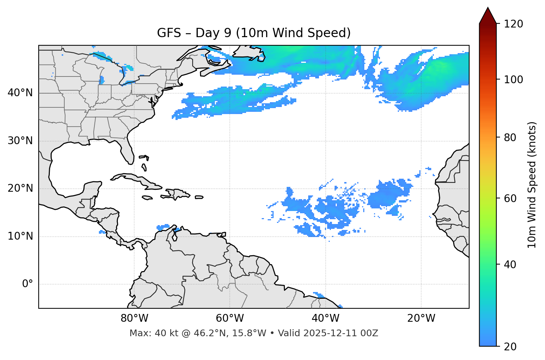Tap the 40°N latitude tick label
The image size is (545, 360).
tap(20, 93)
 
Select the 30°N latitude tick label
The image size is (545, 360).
tap(20, 141)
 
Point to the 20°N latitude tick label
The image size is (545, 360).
tap(20, 188)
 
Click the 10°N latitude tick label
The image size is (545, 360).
tap(20, 236)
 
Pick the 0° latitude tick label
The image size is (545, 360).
tap(27, 284)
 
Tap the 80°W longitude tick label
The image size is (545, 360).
tap(134, 318)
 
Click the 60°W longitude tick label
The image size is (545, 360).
tap(230, 318)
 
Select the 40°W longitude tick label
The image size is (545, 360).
tap(325, 318)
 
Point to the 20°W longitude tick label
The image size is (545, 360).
tap(421, 318)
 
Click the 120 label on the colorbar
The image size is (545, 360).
tap(513, 24)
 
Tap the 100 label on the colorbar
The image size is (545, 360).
tap(513, 80)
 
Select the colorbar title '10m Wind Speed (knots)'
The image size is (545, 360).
tap(532, 185)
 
